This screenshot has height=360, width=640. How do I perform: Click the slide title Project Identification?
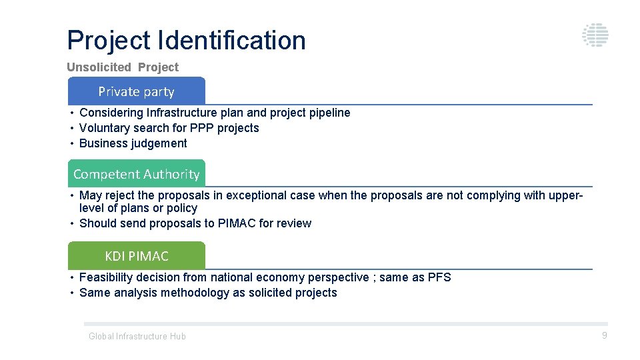click(x=186, y=40)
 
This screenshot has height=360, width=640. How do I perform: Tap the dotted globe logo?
click(x=595, y=35)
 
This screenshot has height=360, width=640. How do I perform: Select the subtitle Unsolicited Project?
click(x=123, y=67)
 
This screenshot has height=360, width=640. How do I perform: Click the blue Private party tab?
click(x=137, y=91)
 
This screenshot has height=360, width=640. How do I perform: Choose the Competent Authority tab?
click(x=137, y=174)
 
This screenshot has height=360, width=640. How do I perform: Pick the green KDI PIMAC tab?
click(x=137, y=256)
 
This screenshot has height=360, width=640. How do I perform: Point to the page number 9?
click(x=605, y=335)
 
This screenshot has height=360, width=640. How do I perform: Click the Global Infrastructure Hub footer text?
click(x=137, y=337)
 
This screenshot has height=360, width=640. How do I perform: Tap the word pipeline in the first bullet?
click(x=329, y=113)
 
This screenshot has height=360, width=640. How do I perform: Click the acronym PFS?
click(x=439, y=277)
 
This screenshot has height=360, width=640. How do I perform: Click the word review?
click(x=294, y=223)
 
